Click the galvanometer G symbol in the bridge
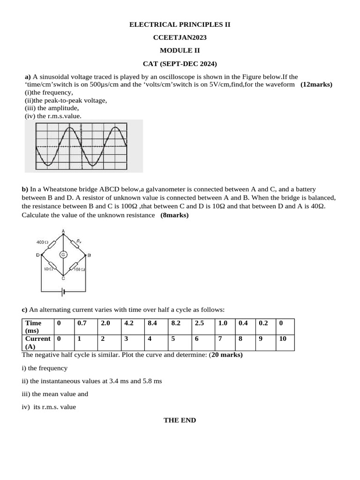(63, 255)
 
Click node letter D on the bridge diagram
(37, 255)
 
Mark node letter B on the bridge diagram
(89, 255)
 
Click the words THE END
(180, 420)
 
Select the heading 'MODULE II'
(180, 50)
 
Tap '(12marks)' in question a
(316, 84)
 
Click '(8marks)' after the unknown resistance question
(174, 215)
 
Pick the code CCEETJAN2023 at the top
(180, 37)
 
